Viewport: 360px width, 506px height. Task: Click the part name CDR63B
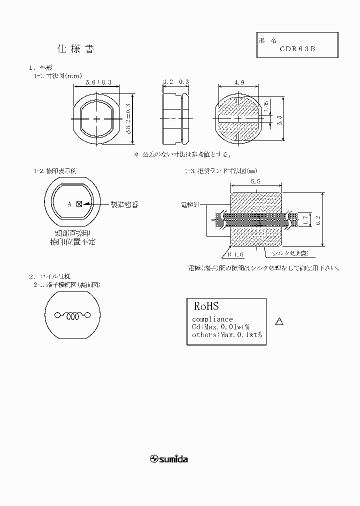tap(297, 49)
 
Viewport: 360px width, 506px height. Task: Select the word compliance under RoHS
tap(212, 319)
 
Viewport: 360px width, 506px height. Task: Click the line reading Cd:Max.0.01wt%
tap(220, 326)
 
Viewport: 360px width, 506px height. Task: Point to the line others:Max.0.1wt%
tap(226, 334)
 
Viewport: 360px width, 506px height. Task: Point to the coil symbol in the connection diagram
tap(73, 315)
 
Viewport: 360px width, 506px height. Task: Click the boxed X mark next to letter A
tap(79, 204)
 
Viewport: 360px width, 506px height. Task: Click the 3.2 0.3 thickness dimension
tap(176, 81)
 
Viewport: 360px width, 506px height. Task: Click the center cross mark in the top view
tap(97, 118)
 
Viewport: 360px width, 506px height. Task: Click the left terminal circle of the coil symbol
tap(57, 315)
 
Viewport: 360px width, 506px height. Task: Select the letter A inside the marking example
tap(70, 204)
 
